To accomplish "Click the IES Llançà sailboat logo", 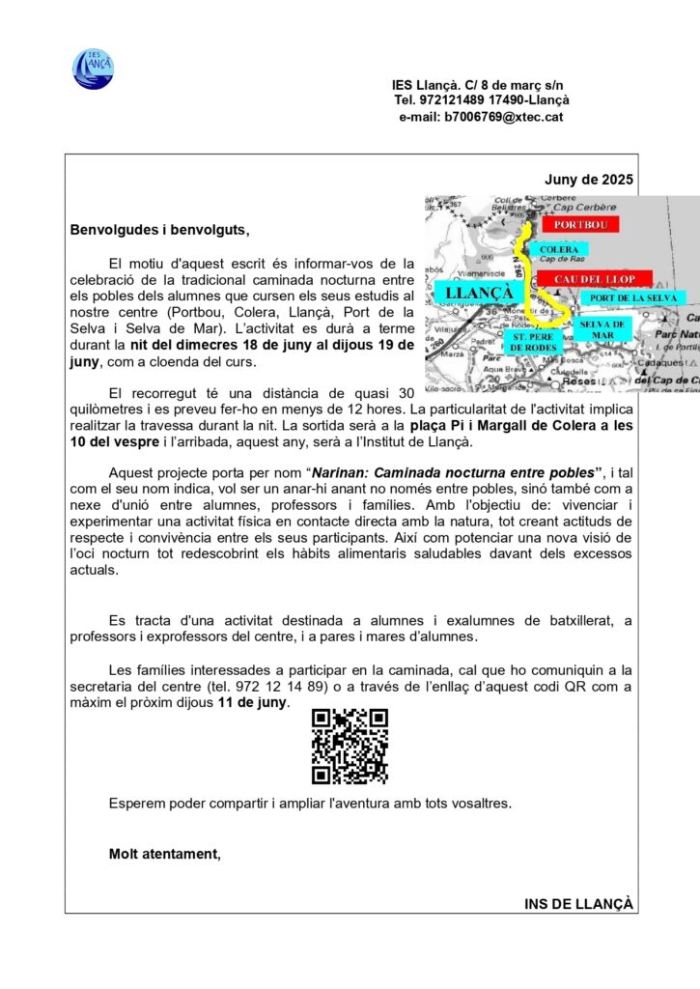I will (93, 70).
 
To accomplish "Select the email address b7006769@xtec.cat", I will (504, 117).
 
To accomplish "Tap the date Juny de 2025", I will (589, 180).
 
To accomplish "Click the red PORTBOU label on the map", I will (579, 224).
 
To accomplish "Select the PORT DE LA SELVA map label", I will (632, 298).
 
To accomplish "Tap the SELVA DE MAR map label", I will (602, 329).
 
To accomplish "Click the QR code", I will (350, 747).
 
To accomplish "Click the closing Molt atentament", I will (165, 853).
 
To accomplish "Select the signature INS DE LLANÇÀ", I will (578, 904).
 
